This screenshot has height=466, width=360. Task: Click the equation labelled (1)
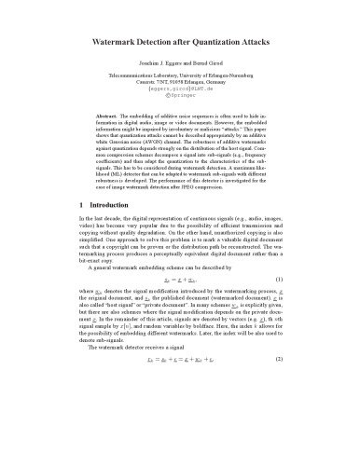coord(181,306)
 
